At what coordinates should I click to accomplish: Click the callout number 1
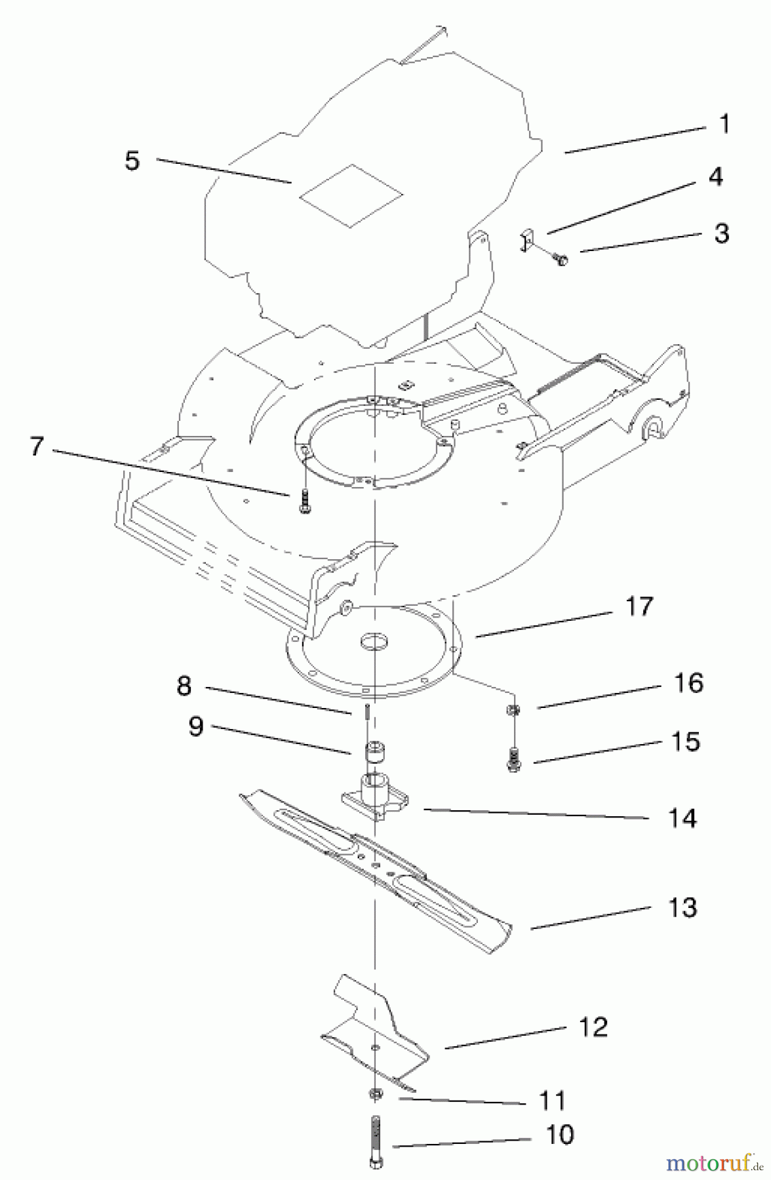[x=724, y=124]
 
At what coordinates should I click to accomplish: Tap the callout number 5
[x=132, y=161]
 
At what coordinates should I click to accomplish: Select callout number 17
[x=639, y=606]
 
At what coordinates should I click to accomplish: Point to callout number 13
[x=682, y=908]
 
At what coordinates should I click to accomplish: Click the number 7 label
[x=37, y=447]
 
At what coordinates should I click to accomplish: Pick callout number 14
[x=682, y=819]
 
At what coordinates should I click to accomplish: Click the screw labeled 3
[x=561, y=260]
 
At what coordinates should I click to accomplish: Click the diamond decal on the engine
[x=351, y=195]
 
